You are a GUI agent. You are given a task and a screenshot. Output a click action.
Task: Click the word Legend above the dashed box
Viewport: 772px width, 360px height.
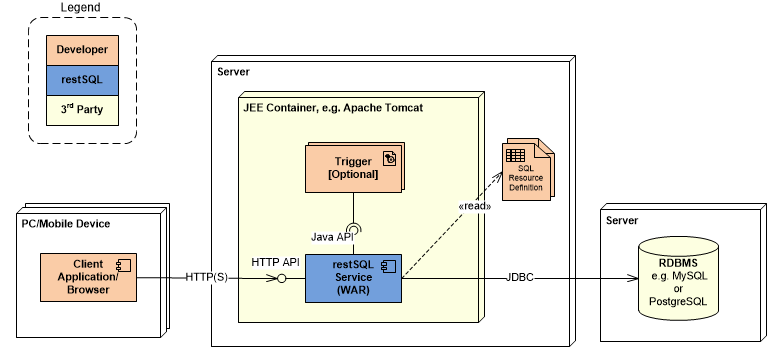[80, 8]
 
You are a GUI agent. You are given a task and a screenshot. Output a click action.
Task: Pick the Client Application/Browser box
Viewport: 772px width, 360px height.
[88, 276]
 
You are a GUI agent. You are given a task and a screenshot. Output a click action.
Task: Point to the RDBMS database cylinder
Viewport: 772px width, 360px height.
[678, 276]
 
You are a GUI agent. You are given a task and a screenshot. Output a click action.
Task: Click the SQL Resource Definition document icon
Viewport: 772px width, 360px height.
[526, 172]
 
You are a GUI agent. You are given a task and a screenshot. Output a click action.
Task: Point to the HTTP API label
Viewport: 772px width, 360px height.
[275, 262]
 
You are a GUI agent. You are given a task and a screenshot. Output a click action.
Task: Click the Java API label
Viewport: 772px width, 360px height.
[331, 237]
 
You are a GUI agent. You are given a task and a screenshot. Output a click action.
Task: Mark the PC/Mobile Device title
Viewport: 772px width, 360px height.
[66, 223]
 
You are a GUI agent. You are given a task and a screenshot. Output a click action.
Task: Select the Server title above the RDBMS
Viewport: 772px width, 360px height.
[623, 220]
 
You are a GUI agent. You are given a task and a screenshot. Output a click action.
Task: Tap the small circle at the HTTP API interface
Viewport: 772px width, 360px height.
[283, 278]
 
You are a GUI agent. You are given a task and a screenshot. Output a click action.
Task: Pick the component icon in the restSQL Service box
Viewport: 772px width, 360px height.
[389, 266]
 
